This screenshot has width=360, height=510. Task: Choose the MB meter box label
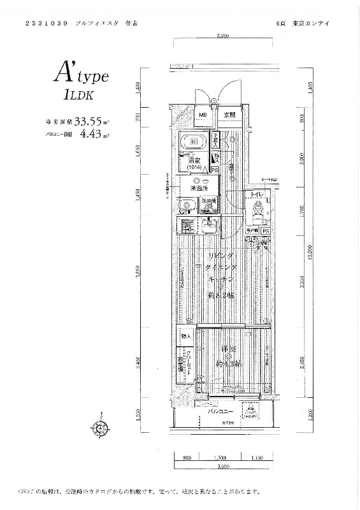[x=202, y=115]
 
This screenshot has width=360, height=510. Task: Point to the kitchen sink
[x=208, y=226]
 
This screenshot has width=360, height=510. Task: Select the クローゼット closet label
[x=190, y=361]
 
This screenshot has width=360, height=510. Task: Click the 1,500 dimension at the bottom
[x=220, y=458]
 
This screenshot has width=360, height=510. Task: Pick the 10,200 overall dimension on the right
[x=310, y=252]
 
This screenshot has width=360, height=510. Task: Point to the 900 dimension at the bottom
[x=187, y=458]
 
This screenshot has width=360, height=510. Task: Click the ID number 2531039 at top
[x=46, y=23]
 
